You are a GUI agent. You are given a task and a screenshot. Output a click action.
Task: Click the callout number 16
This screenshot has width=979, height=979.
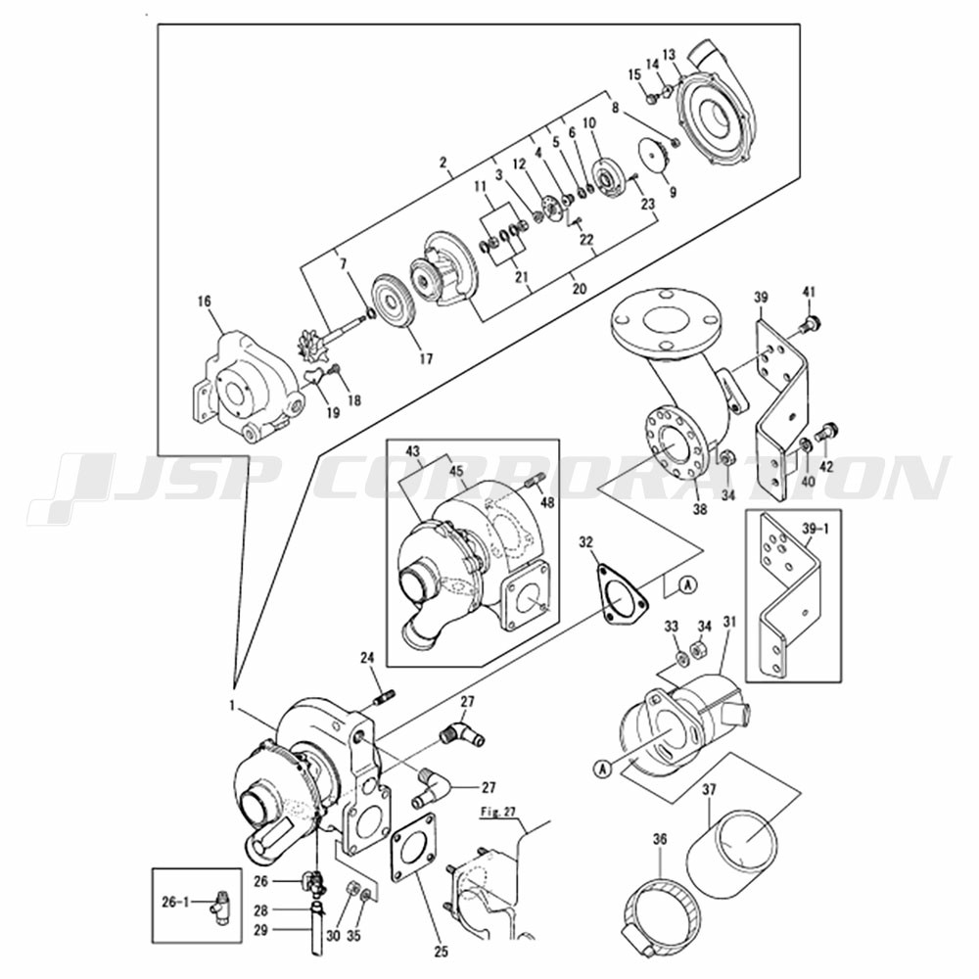point(205,303)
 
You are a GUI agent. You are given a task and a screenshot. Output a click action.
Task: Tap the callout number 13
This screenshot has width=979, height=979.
point(670,55)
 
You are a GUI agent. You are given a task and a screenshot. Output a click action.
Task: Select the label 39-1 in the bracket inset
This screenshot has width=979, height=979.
point(816,530)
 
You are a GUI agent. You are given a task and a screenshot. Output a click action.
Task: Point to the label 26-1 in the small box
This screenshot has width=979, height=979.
point(175,903)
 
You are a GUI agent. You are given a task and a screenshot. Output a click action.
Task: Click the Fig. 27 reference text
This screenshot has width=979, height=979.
point(497,812)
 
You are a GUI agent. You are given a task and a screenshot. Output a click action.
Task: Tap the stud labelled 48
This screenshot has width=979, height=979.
point(536,481)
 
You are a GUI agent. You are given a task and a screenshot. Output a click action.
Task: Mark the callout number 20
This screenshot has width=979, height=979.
point(580,289)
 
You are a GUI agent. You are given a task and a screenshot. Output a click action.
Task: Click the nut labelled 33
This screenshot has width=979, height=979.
point(682,657)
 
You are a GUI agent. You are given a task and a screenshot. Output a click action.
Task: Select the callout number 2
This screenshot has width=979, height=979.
point(443,163)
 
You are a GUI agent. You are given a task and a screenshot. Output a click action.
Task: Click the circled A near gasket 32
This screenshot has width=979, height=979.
point(687,585)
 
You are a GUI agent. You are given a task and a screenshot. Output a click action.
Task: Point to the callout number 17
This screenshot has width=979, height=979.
point(426,359)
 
